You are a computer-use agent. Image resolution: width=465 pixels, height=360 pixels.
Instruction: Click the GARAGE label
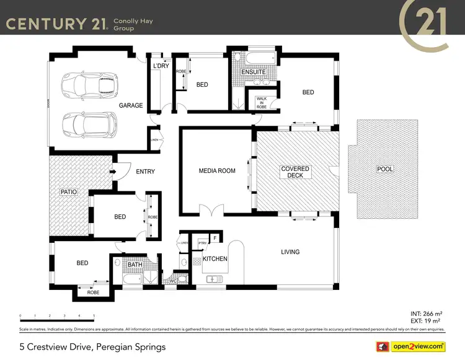coord(131,105)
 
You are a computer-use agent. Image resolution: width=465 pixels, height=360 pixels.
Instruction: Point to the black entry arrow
coord(113,172)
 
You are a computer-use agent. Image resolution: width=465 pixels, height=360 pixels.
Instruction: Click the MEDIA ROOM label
coord(217,171)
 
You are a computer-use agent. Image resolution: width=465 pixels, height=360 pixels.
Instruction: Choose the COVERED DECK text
coord(295,172)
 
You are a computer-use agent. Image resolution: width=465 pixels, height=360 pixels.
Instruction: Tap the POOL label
coord(384,169)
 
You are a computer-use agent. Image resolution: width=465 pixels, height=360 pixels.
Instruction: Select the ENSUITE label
coord(254,72)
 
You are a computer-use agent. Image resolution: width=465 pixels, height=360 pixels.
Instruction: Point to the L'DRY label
coord(161,66)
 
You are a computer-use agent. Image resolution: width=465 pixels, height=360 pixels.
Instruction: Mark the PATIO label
coord(69,192)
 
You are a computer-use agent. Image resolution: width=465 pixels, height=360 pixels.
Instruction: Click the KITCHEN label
coord(215,258)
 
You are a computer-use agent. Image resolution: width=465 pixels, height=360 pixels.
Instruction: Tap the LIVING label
coord(290,252)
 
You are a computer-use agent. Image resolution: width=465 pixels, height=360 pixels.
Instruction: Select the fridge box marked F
coord(215,238)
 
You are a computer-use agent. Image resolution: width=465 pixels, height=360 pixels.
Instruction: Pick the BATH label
coord(135,265)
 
